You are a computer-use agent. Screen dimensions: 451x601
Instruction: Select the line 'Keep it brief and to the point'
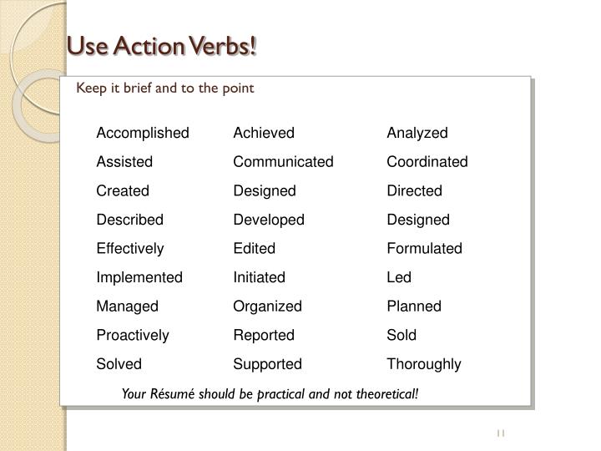point(164,87)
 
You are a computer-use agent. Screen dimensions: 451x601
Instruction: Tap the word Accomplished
point(143,133)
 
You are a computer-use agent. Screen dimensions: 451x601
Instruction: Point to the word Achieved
point(264,133)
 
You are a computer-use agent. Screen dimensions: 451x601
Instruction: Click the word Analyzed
point(417,133)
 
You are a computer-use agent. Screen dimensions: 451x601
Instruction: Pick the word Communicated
point(283,162)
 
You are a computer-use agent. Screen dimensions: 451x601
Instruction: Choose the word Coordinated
point(427,162)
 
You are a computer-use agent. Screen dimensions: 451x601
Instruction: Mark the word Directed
point(414,190)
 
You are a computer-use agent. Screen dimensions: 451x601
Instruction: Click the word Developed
point(269,220)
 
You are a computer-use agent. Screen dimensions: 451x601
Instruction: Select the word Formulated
point(424,249)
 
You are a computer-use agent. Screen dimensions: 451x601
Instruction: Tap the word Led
point(399,277)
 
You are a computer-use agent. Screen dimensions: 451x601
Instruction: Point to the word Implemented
point(139,277)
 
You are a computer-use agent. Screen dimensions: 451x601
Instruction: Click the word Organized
point(267,307)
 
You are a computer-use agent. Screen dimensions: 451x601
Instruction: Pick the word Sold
point(402,335)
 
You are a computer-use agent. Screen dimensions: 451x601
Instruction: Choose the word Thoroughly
point(424,364)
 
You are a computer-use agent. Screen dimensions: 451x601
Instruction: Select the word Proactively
point(133,335)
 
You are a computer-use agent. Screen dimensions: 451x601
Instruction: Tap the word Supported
point(267,364)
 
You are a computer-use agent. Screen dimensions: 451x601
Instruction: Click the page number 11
point(501,433)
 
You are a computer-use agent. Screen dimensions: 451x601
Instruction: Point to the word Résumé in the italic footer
point(172,393)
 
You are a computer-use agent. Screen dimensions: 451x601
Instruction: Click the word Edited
point(254,249)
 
